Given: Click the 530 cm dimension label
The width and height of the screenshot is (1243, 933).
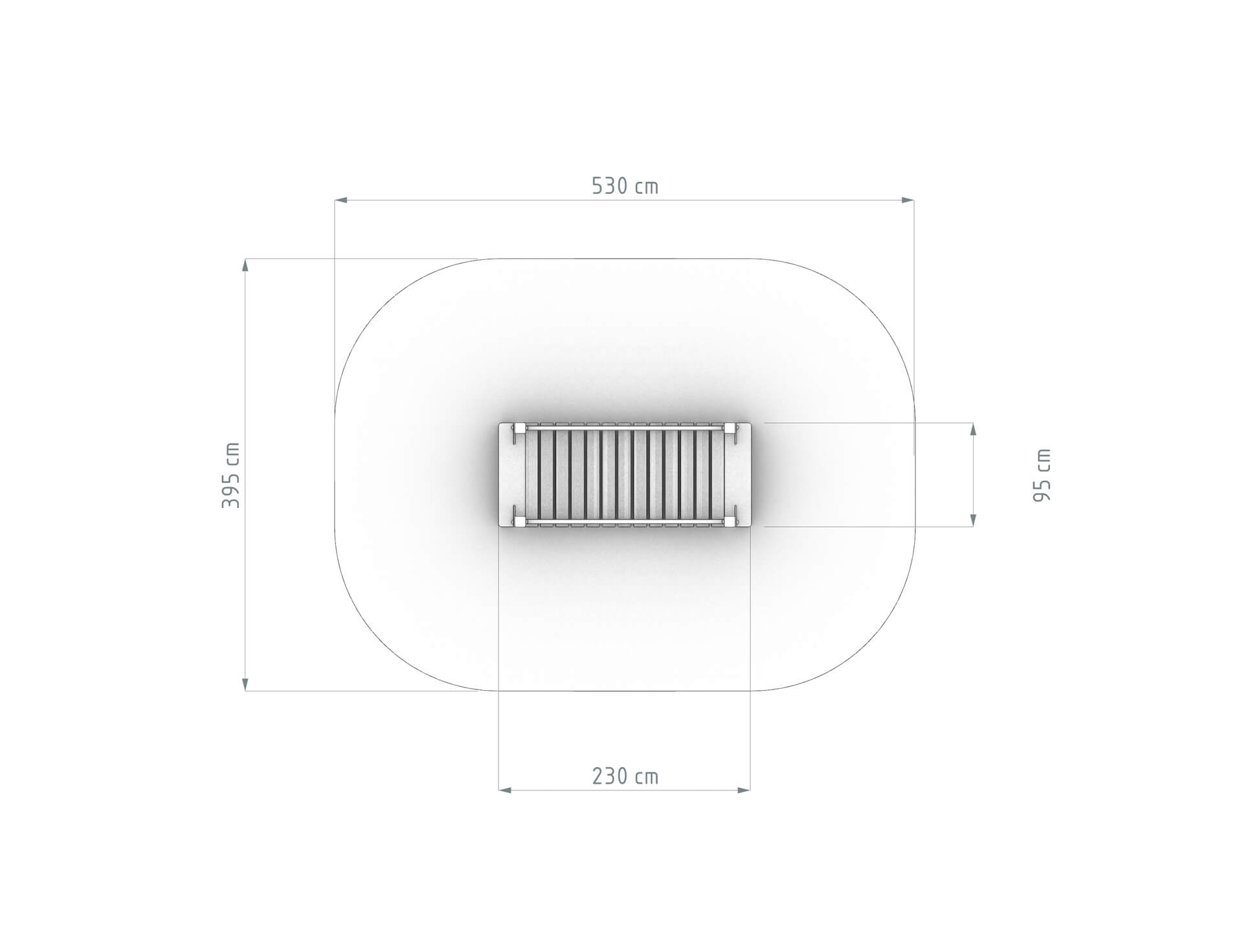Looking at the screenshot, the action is [625, 187].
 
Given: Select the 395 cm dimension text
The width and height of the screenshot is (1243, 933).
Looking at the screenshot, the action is [231, 475].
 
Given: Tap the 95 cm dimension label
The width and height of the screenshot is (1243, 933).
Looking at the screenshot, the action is [1042, 475].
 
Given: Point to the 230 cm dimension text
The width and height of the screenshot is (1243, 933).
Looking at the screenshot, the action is [625, 776].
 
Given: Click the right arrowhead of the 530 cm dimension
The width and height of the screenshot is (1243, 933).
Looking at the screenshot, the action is [907, 200].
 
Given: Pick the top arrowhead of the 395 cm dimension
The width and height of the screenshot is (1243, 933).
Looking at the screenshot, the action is [245, 266].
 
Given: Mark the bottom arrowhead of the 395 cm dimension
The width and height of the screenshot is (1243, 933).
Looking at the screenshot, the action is [245, 684].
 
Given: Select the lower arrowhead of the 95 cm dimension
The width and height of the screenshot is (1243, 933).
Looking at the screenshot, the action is [973, 520].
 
